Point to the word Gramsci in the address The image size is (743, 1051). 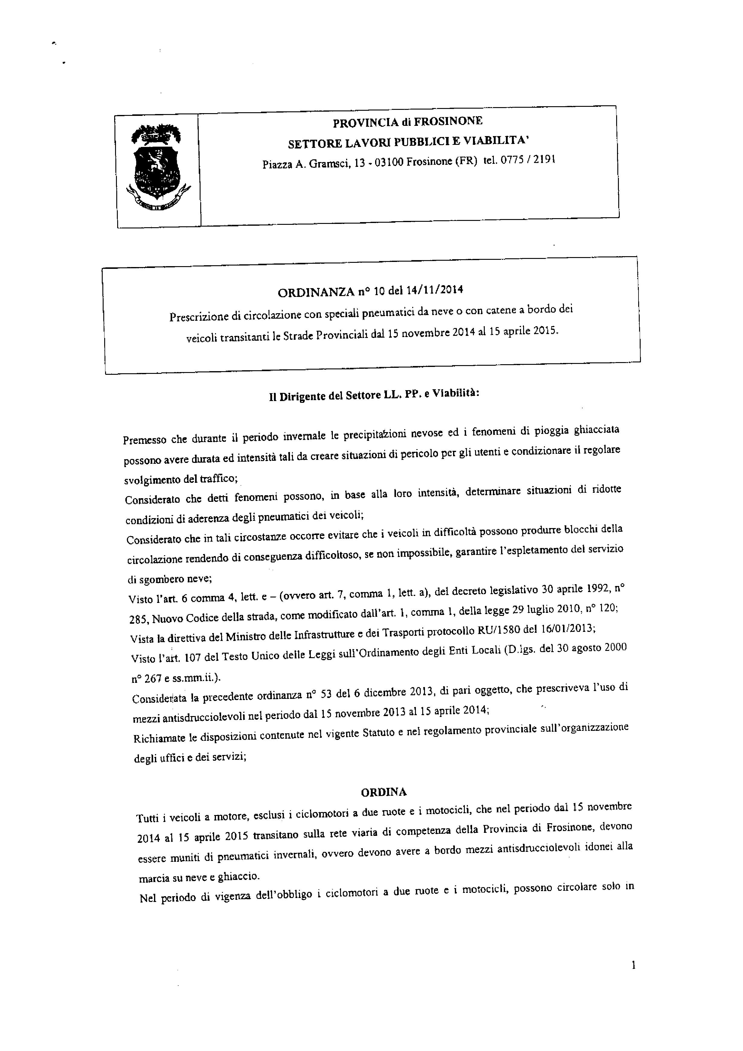coord(328,164)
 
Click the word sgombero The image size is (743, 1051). coord(159,578)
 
